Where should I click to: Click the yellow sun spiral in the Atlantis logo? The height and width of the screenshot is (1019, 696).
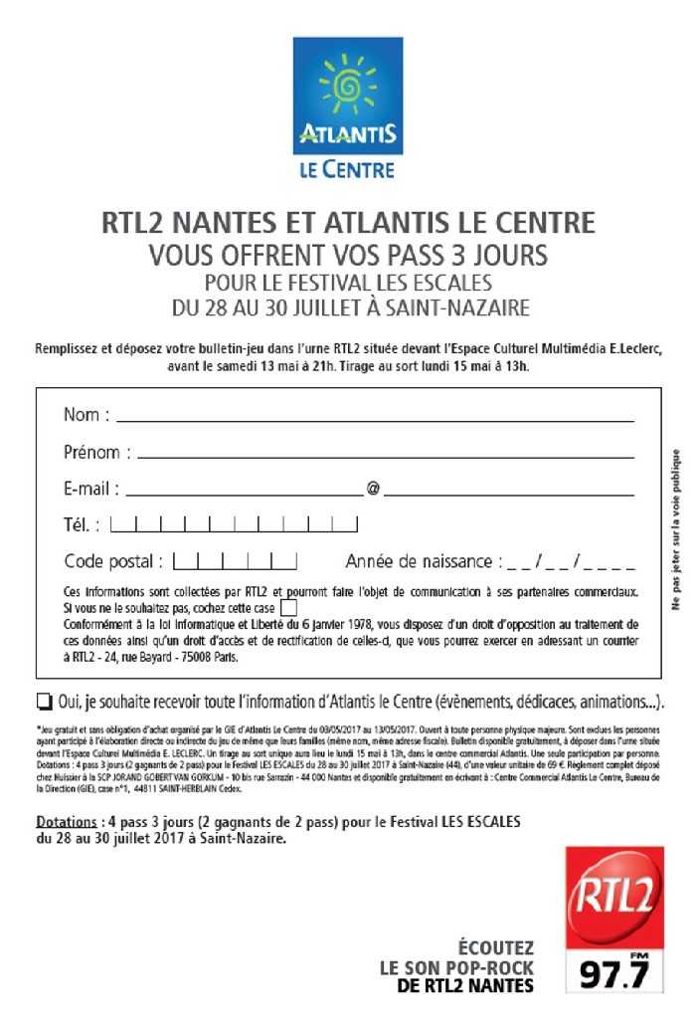[x=347, y=85]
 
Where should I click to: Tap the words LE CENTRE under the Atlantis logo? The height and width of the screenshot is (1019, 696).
[x=347, y=170]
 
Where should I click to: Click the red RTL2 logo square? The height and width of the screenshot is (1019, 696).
[x=613, y=899]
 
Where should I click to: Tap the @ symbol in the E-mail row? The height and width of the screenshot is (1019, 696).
[x=373, y=490]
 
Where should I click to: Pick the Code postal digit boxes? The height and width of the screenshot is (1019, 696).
[x=236, y=560]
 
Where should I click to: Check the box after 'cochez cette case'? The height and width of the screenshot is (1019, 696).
[x=288, y=605]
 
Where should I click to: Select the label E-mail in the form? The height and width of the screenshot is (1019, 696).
[x=91, y=489]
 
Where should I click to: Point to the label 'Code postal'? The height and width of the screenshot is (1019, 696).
[x=109, y=561]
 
